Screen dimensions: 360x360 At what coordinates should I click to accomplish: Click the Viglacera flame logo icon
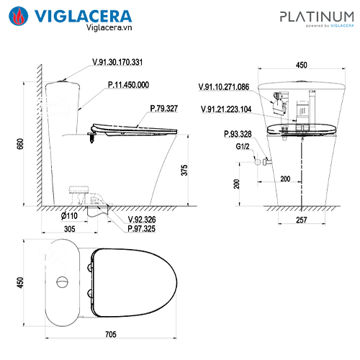tap(18, 16)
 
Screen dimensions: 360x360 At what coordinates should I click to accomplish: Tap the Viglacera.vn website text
tap(109, 27)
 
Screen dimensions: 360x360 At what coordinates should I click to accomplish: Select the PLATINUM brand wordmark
tap(317, 17)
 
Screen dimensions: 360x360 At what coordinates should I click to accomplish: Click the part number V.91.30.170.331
tap(117, 62)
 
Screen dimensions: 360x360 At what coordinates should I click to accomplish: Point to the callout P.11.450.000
tap(128, 85)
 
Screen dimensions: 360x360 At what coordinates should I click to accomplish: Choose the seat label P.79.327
tap(164, 109)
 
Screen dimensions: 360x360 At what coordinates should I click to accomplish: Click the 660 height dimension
tap(20, 144)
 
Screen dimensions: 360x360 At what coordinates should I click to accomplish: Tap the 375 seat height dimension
tap(184, 170)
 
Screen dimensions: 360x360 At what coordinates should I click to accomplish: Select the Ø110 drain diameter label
tap(69, 216)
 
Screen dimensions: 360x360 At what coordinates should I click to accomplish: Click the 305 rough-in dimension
tap(70, 229)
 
